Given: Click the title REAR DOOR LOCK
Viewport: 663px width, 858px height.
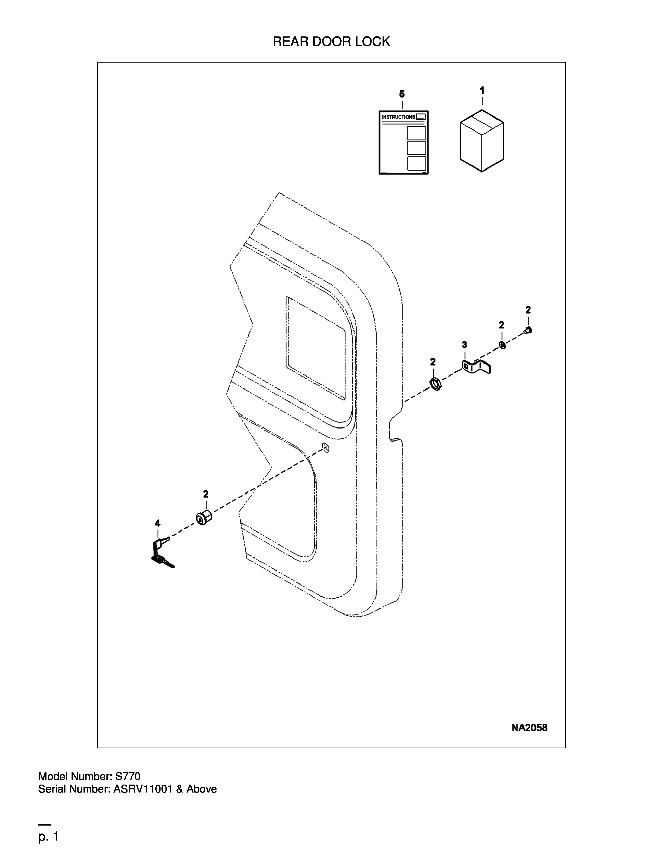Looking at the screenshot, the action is pos(331,41).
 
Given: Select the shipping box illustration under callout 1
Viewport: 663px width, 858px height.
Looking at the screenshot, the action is pos(482,140).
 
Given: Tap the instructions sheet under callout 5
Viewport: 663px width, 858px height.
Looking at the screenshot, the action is pos(403,142).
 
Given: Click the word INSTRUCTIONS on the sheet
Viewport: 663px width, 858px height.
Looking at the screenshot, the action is pos(398,117).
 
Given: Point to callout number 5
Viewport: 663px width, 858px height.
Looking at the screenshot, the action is pos(402,94).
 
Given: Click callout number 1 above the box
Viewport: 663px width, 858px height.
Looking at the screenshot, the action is pos(482,90).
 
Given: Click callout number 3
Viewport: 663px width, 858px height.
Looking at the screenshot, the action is pos(464,344).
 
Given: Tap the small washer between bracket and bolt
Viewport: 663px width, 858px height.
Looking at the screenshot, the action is pos(502,345).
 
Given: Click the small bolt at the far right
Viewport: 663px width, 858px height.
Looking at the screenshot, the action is pos(528,331).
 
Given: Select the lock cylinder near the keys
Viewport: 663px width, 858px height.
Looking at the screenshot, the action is pos(203,517).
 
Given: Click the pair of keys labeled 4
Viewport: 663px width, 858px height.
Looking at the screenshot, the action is pos(161,552).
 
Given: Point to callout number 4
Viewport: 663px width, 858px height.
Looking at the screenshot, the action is pos(157,523).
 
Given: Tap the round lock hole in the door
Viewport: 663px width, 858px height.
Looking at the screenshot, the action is pos(325,447).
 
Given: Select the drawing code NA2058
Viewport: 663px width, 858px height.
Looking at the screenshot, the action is pos(529,728).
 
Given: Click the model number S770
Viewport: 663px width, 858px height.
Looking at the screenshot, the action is pos(127,776).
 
